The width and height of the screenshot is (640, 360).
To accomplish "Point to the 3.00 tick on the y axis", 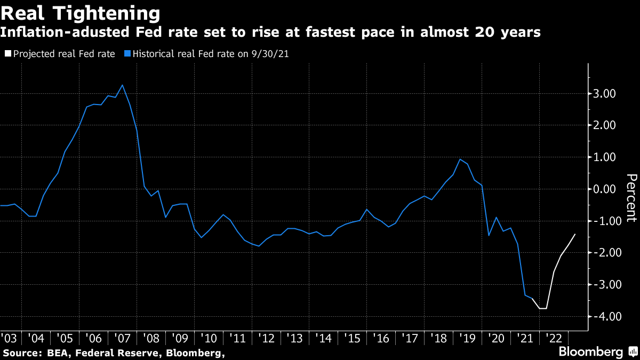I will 605,94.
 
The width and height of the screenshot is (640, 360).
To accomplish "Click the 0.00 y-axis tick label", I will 605,189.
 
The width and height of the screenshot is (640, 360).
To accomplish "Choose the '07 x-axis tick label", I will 122,338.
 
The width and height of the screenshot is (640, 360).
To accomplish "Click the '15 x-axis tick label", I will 352,338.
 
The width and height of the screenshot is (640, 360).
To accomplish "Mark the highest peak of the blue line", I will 123,85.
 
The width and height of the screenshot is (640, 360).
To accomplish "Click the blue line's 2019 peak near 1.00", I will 460,159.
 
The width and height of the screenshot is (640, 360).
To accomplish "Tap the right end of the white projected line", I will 575,234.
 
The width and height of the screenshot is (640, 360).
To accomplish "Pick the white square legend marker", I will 8,54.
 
